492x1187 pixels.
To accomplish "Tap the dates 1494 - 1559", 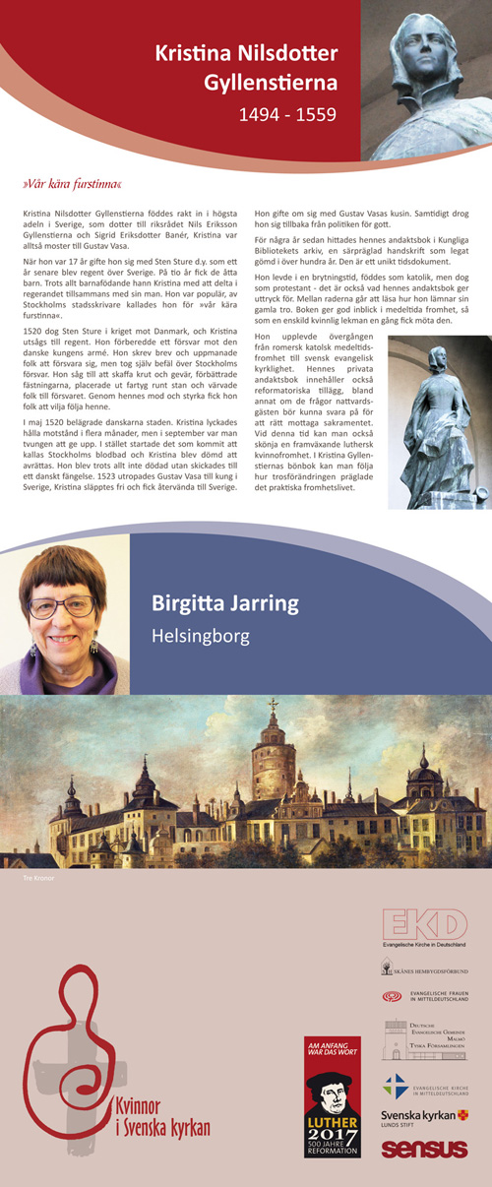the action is [x=287, y=115].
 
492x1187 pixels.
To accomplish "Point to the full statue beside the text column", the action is [x=439, y=421].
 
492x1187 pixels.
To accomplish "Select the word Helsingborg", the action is [x=200, y=637].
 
